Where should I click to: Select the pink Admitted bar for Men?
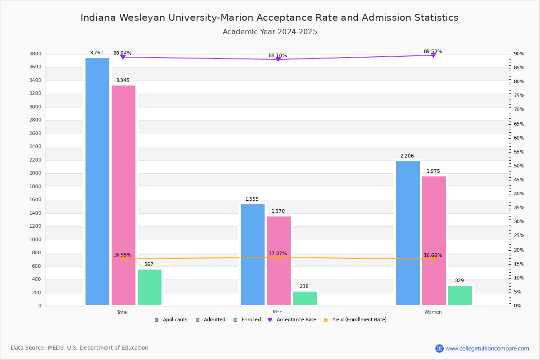(279, 261)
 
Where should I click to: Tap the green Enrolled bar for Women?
(460, 295)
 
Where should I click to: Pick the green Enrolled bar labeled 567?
(149, 287)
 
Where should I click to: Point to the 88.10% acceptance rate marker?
(278, 59)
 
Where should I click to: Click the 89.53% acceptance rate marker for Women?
(433, 55)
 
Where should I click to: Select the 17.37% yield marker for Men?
(278, 257)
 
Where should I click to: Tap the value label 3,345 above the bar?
(123, 81)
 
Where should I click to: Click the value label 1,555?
(252, 199)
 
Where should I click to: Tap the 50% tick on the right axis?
(519, 166)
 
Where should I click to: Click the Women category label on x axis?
(433, 312)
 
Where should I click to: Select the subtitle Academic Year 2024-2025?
(270, 32)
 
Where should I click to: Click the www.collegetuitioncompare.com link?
(487, 348)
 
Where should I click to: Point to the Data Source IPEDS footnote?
(80, 348)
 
